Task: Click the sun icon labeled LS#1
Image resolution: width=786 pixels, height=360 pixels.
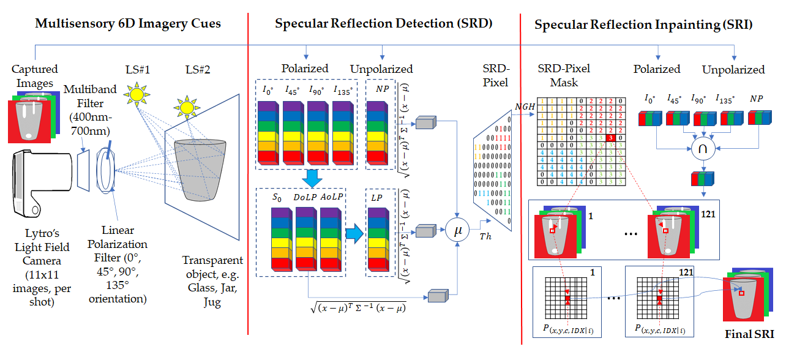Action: coord(136,93)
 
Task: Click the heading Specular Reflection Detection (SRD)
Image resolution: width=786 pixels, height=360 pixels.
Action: coord(384,24)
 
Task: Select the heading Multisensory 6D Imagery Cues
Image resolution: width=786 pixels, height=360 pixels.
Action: coord(128,24)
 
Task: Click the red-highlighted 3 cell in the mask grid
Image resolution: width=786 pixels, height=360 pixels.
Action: coord(611,138)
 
